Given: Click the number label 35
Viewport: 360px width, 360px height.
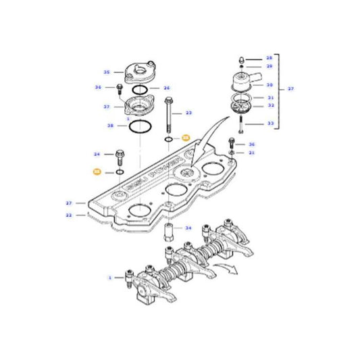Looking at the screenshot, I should (107, 72).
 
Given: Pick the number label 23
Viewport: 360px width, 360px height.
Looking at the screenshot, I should (189, 113).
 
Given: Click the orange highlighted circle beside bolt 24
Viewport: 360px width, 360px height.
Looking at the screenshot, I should (97, 174).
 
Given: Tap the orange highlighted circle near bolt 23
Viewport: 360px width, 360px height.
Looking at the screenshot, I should (186, 138).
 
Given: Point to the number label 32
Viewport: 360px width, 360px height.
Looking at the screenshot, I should (270, 105).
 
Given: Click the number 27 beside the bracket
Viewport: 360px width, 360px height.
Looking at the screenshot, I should (291, 88).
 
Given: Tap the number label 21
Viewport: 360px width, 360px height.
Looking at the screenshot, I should (252, 153).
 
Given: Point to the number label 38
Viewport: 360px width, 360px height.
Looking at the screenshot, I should (109, 126).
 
